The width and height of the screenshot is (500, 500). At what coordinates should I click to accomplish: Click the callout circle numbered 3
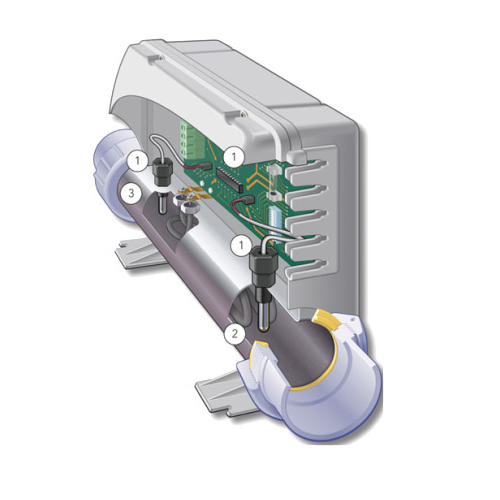point(131,193)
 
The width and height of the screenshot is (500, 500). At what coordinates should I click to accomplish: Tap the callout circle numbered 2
point(235,333)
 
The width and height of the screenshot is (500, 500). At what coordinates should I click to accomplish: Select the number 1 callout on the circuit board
point(234,156)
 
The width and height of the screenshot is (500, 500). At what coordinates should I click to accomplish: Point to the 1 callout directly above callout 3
point(138,161)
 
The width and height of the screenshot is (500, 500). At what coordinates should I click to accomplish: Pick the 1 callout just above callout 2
point(241,245)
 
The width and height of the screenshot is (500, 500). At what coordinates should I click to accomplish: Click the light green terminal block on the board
point(189,139)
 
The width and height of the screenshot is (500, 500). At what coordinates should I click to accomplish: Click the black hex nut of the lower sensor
point(263,262)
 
